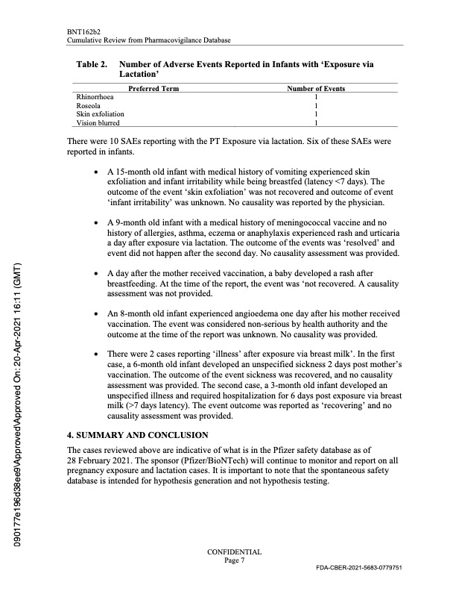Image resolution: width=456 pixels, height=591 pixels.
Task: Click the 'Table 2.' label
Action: click(92, 65)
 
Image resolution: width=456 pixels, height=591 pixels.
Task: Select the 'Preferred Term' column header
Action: click(153, 89)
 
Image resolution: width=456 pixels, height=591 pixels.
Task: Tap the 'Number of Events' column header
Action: click(316, 89)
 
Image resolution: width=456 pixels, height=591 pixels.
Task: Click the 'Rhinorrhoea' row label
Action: click(94, 97)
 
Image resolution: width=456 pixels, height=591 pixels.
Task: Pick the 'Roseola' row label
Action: click(89, 106)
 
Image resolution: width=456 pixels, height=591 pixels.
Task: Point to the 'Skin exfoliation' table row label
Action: click(101, 114)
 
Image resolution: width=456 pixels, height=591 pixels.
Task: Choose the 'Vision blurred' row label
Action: click(98, 122)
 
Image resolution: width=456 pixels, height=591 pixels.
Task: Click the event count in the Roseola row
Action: click(317, 106)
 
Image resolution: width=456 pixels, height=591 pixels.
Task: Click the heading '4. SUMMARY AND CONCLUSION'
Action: click(138, 434)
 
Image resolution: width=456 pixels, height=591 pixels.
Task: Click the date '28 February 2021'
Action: click(99, 461)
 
